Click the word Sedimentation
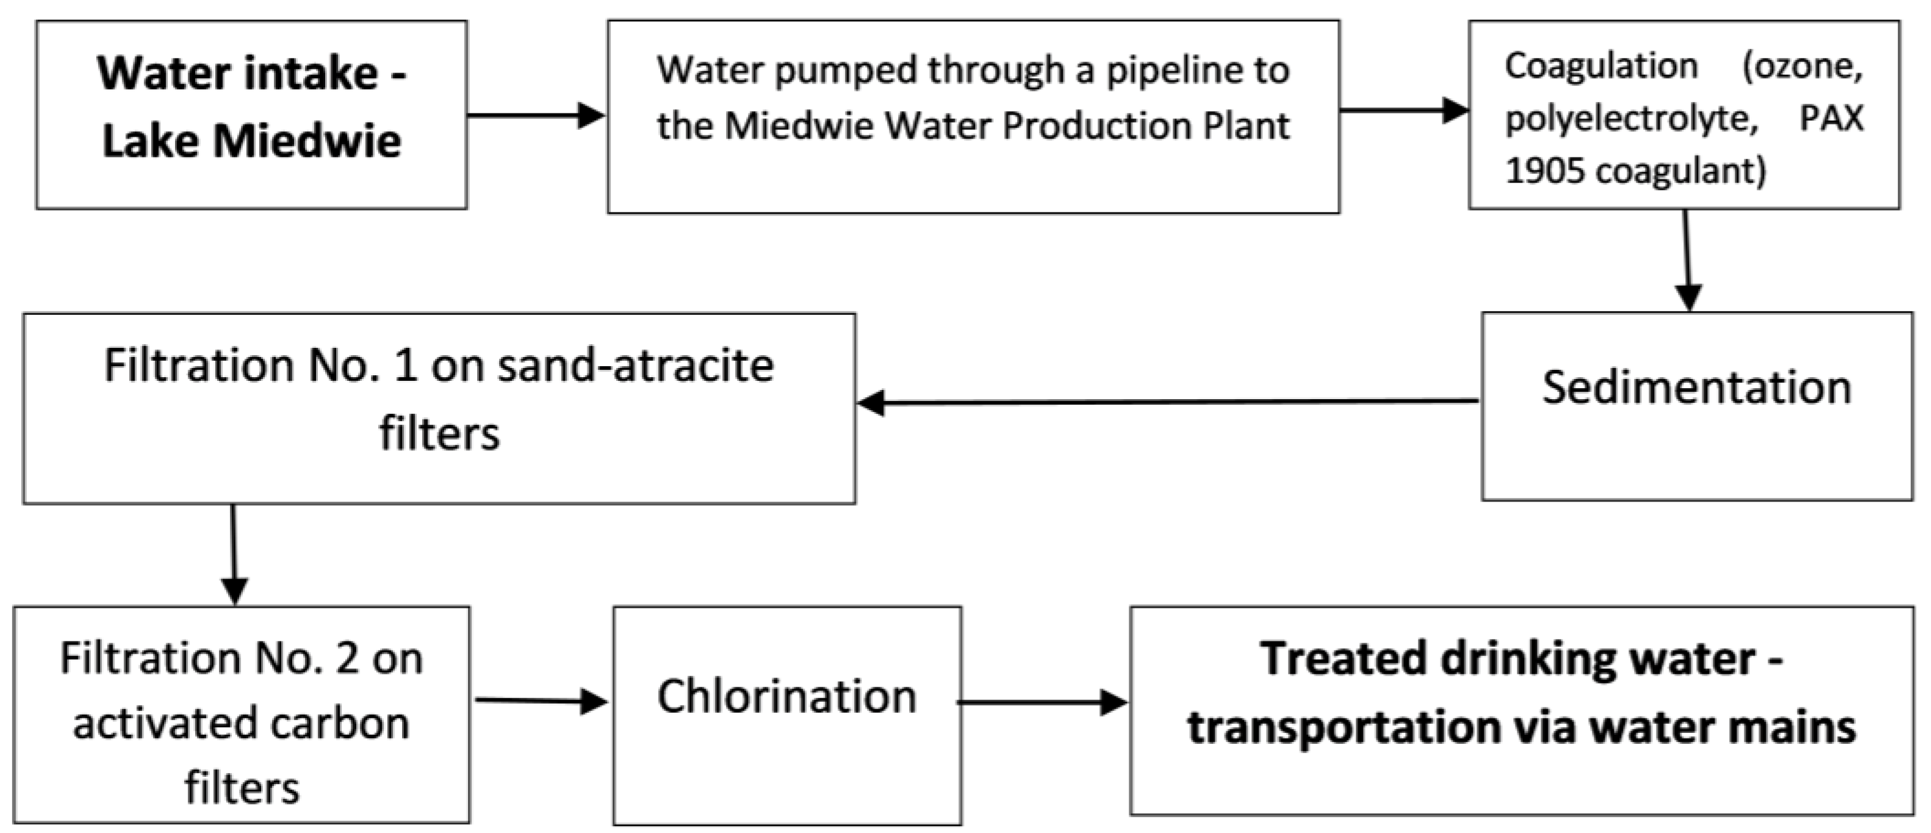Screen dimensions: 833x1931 click(1696, 388)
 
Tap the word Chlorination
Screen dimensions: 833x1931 click(786, 696)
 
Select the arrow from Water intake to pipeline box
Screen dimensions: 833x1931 click(536, 115)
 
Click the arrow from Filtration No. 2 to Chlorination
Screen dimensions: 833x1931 click(541, 701)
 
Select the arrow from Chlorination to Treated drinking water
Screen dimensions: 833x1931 click(1042, 702)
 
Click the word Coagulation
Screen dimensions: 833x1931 click(1600, 66)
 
